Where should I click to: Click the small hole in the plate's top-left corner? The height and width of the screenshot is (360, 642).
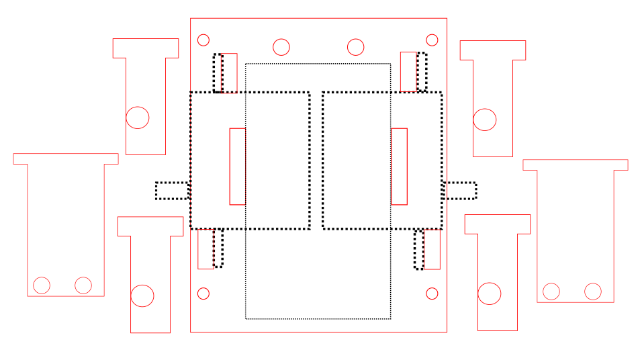203,40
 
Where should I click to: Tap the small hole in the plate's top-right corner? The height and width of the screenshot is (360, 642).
432,40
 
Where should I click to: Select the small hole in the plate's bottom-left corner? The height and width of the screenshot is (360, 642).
203,294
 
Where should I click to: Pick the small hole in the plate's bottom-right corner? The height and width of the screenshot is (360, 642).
432,294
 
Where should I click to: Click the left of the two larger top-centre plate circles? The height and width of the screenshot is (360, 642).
281,47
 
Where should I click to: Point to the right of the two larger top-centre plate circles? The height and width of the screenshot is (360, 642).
355,47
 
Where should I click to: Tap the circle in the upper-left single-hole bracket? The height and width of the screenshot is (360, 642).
138,118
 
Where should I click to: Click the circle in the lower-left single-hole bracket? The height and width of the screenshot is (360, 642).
142,296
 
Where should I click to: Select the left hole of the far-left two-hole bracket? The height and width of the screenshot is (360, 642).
42,285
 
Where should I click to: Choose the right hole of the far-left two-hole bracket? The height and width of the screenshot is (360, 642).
83,285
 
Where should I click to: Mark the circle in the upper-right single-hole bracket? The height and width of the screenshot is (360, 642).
485,120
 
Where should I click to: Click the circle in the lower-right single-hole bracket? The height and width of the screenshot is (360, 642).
490,294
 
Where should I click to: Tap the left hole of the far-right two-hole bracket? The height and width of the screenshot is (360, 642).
551,291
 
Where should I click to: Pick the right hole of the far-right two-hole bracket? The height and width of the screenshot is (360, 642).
593,291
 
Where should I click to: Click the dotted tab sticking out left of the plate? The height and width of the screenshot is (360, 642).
172,191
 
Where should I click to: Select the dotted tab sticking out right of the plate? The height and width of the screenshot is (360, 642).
460,191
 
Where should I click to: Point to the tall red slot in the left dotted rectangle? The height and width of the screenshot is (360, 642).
238,166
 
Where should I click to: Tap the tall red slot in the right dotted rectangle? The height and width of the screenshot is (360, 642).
399,166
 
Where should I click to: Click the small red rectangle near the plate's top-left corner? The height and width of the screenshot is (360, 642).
229,73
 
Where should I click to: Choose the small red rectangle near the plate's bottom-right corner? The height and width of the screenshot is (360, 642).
432,249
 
